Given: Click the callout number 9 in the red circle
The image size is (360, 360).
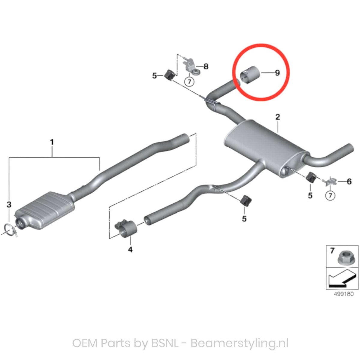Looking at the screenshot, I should pos(277,73).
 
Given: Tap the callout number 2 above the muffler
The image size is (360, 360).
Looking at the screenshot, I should pos(277,117).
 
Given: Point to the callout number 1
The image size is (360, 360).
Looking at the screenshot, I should pos(52,142).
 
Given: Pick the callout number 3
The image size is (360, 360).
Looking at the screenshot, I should pos(9,205).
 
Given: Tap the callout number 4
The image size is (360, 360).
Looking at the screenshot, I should pos(130,249).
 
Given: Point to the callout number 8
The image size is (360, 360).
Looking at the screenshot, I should pos(206,66).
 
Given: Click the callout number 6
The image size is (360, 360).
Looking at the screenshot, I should pos(349,181).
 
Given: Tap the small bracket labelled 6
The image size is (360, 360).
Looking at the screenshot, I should pos(330,181).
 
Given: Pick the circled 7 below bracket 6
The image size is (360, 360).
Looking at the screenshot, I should pos(330,196).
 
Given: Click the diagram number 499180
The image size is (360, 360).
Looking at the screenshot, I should pos(344,294).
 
